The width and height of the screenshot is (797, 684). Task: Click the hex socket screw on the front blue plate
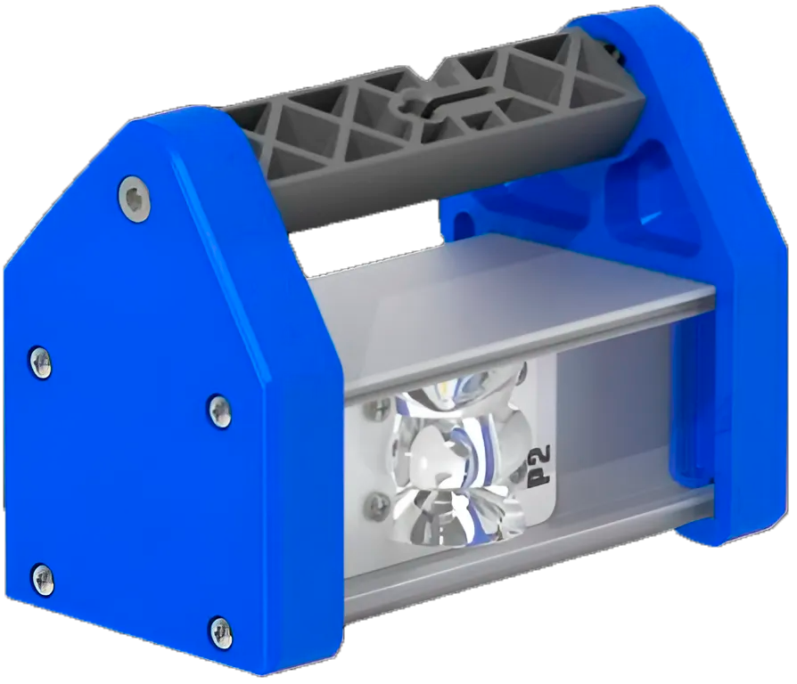click(135, 199)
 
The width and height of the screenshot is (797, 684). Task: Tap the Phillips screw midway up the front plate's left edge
click(41, 362)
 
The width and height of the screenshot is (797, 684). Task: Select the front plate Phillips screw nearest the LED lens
click(220, 411)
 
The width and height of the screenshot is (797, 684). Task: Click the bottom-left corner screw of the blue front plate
click(43, 579)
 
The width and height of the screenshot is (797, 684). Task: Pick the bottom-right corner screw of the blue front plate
click(221, 632)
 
